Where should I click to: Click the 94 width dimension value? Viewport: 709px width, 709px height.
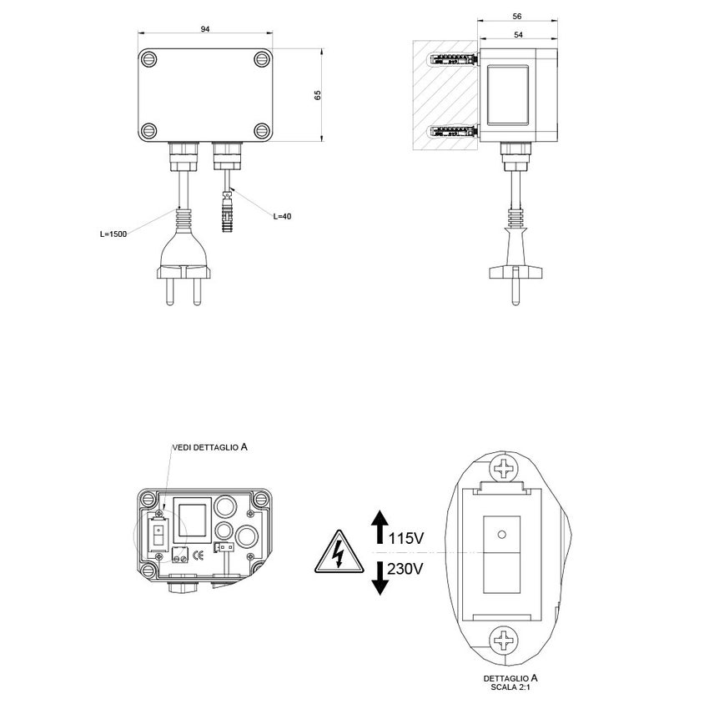click(x=205, y=29)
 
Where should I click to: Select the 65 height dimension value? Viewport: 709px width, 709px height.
click(x=318, y=94)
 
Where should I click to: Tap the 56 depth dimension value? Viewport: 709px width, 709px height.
click(x=516, y=16)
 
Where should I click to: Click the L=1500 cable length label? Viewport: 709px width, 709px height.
click(x=113, y=234)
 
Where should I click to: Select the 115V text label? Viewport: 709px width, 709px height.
click(x=407, y=540)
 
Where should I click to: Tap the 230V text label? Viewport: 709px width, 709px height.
click(x=407, y=570)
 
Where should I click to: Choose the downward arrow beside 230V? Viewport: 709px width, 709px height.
click(x=380, y=578)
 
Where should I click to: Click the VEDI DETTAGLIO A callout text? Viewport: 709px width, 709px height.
click(x=209, y=447)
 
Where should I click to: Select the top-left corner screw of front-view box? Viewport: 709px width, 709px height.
click(x=150, y=60)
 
